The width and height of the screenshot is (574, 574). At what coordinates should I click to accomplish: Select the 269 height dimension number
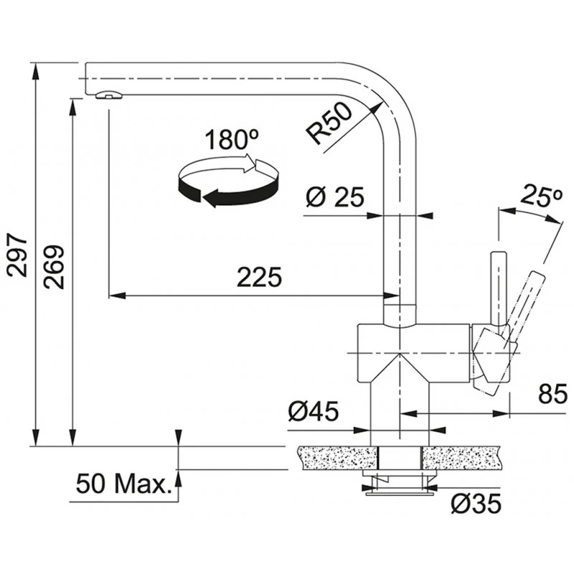pyautogui.click(x=54, y=267)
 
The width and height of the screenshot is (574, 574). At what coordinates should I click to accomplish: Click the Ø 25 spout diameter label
pyautogui.click(x=334, y=196)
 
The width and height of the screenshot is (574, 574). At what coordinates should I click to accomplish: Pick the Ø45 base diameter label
pyautogui.click(x=313, y=411)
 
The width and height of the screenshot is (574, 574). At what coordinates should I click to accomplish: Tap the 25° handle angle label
pyautogui.click(x=540, y=196)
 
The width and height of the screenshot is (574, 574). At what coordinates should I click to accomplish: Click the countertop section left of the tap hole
pyautogui.click(x=334, y=457)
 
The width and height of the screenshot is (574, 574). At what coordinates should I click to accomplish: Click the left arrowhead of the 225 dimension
pyautogui.click(x=113, y=295)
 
